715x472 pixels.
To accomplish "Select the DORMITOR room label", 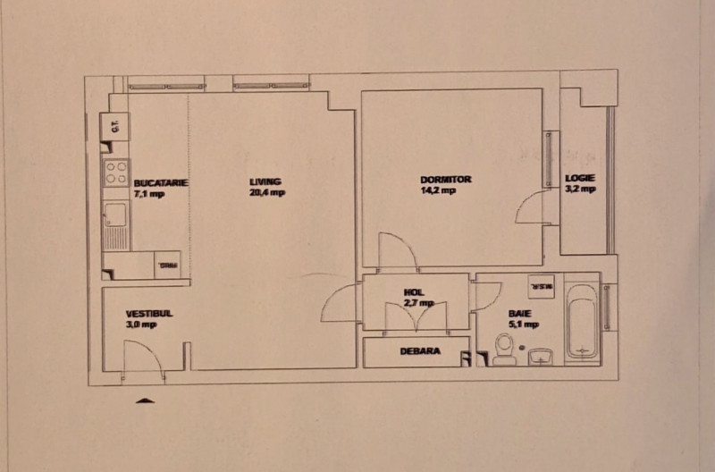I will coord(445,179).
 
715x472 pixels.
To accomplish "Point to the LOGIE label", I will coord(579,178).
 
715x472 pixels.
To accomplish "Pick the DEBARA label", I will coord(419,351).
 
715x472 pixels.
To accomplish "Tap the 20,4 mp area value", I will coord(266,192).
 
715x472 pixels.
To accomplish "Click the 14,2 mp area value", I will coord(438,190).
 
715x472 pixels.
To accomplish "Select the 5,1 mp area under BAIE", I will coord(524,324).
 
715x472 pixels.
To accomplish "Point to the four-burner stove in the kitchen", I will coord(116,172).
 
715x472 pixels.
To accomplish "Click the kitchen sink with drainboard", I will coord(115,224).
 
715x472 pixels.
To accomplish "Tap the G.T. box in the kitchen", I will coord(115,126).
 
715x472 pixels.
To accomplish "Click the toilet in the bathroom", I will coord(505,350).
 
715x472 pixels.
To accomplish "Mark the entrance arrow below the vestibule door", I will coord(145,400).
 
